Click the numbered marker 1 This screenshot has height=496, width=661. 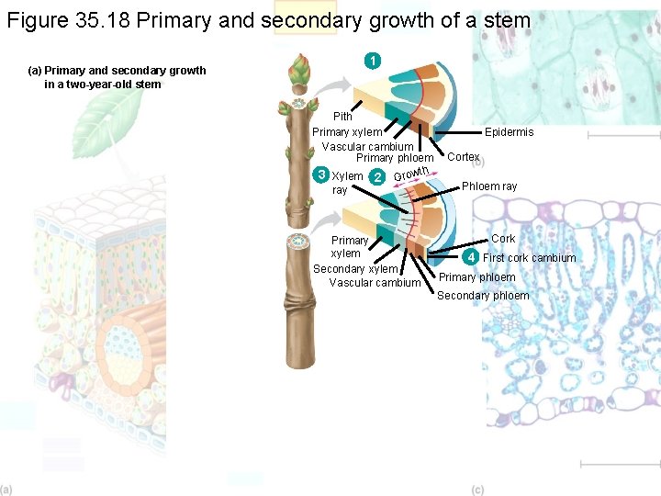[x=371, y=62]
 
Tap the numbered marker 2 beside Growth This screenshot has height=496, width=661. [x=378, y=177]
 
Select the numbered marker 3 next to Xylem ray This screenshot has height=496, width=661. [x=321, y=175]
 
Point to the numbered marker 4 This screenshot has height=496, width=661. [x=471, y=256]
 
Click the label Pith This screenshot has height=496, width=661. [x=342, y=117]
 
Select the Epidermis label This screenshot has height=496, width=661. [x=509, y=132]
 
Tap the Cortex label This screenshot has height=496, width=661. [x=464, y=157]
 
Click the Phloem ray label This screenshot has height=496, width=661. [x=489, y=186]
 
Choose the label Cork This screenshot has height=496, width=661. [x=503, y=239]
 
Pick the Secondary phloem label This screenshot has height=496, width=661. [x=483, y=296]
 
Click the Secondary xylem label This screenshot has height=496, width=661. [x=355, y=269]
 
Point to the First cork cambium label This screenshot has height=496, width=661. [x=530, y=258]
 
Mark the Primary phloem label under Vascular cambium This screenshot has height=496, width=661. [x=395, y=159]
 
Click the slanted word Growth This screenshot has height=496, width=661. [x=411, y=173]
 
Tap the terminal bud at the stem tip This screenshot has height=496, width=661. [x=298, y=70]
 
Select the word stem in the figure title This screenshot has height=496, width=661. [x=504, y=20]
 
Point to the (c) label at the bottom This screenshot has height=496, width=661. [x=477, y=490]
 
